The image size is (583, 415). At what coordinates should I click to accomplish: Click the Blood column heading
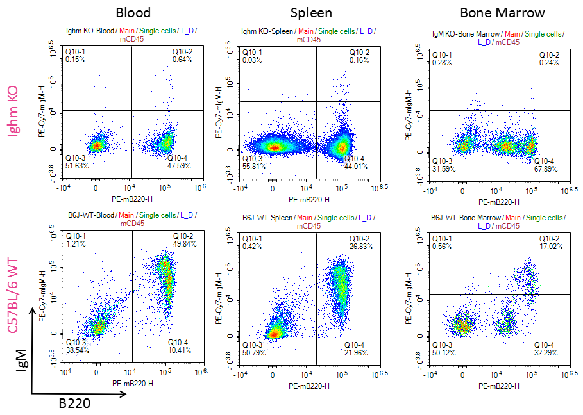(x=133, y=13)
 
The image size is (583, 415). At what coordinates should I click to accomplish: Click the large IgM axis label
(x=21, y=369)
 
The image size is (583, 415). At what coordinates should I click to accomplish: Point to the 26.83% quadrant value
(x=360, y=246)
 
